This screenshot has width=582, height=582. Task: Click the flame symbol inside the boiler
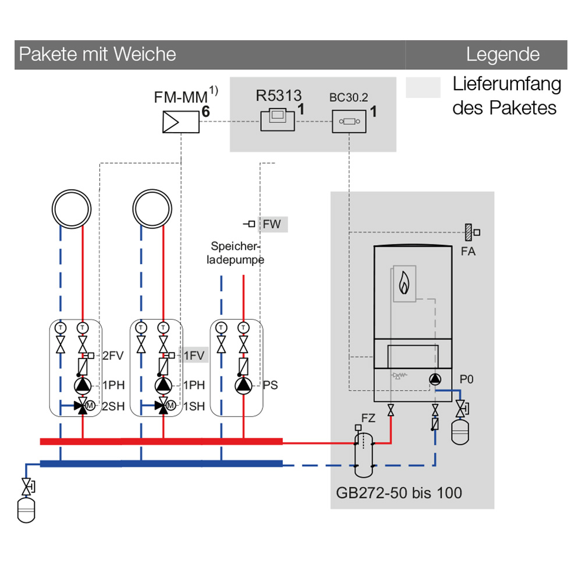click(x=403, y=284)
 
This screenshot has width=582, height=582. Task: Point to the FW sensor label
click(x=272, y=224)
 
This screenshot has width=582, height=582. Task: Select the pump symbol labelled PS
click(x=243, y=385)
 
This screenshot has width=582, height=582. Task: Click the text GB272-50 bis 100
click(x=399, y=494)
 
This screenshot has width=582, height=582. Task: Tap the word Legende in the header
click(x=502, y=55)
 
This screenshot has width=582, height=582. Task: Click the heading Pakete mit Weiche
click(x=97, y=55)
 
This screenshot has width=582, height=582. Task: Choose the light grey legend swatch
click(x=423, y=88)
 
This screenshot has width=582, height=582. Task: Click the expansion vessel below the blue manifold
click(x=26, y=511)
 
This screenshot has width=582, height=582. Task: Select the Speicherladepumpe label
click(x=236, y=253)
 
